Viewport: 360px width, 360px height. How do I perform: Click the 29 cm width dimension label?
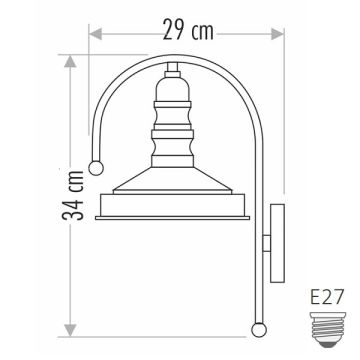pyautogui.click(x=188, y=30)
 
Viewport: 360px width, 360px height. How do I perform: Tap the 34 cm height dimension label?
pyautogui.click(x=73, y=196)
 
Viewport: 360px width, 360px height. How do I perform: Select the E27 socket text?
pyautogui.click(x=326, y=297)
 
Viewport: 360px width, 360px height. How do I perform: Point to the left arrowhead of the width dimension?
pyautogui.click(x=96, y=34)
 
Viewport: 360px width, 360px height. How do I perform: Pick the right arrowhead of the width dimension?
pyautogui.click(x=277, y=34)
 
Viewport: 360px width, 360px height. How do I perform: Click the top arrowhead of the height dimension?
pyautogui.click(x=70, y=61)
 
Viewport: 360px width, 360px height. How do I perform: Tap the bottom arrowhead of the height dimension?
pyautogui.click(x=70, y=330)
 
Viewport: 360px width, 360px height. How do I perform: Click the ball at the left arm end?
pyautogui.click(x=96, y=168)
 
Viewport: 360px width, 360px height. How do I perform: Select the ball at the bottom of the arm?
pyautogui.click(x=259, y=330)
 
